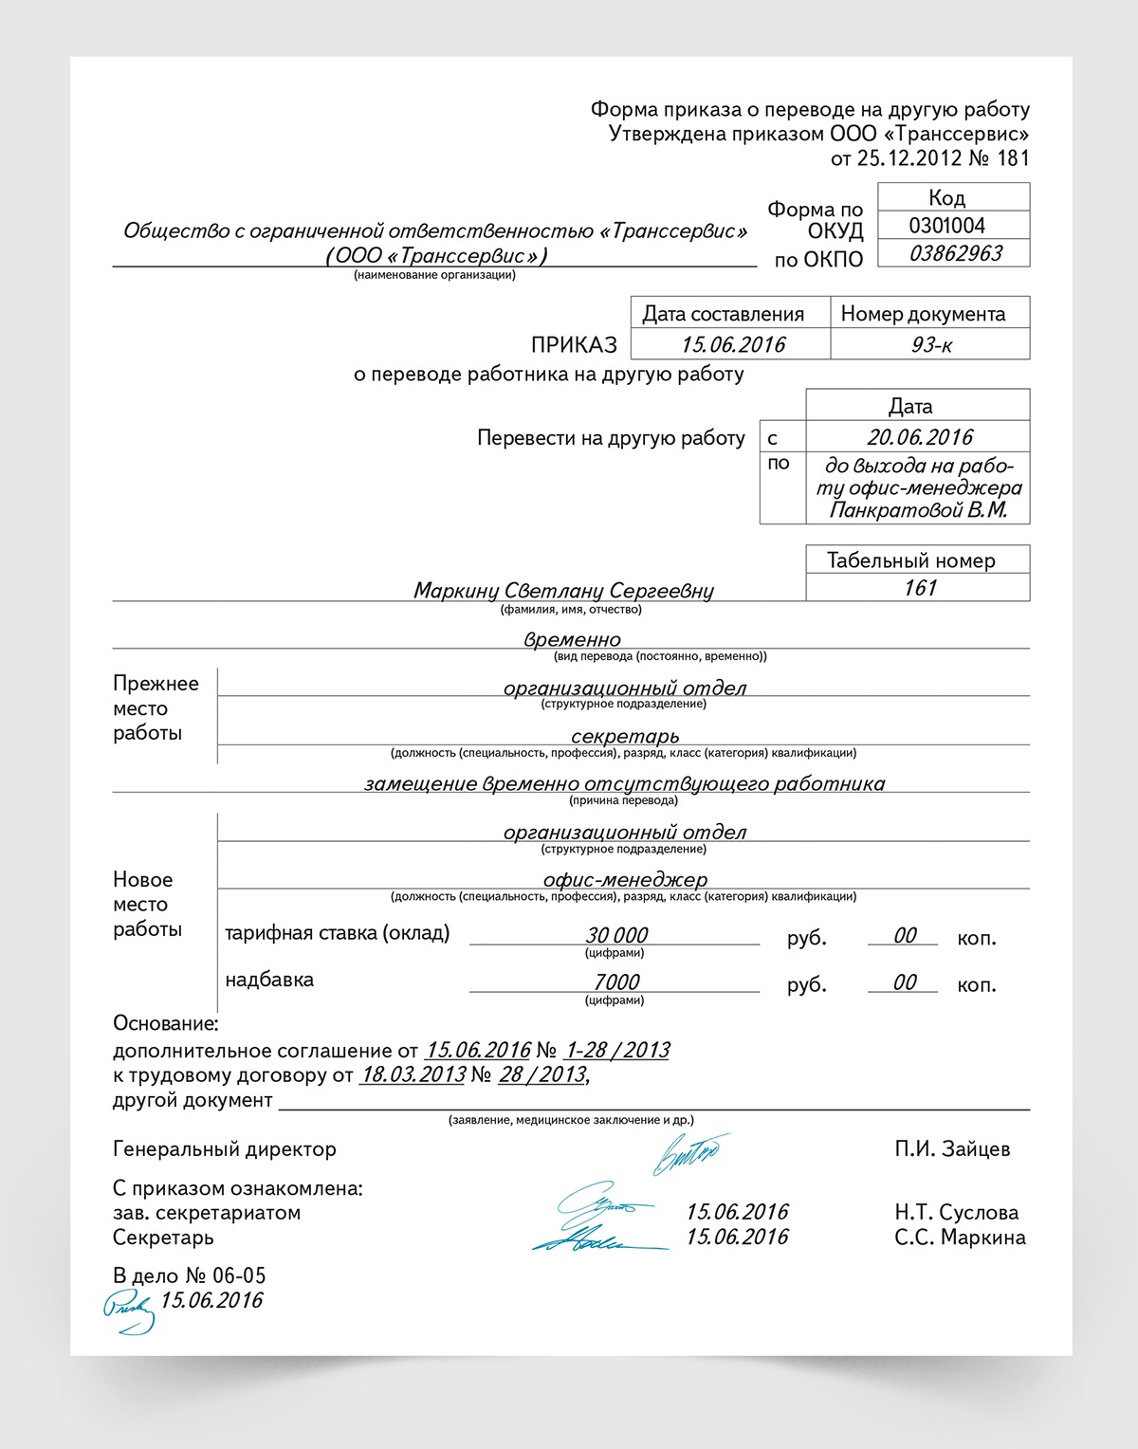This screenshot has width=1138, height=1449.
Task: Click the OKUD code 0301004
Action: [946, 226]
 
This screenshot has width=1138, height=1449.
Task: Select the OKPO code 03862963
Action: [955, 253]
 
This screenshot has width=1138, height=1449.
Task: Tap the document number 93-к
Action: [930, 345]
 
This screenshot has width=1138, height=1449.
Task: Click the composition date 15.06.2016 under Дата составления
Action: [733, 345]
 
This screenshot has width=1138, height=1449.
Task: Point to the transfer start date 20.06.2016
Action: [919, 437]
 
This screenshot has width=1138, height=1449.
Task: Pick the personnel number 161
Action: [919, 588]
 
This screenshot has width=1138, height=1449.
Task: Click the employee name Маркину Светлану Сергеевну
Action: [563, 591]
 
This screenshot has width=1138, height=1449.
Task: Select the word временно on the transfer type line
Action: [572, 640]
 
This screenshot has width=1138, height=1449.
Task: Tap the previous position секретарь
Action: [625, 737]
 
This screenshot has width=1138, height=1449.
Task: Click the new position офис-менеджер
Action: [625, 880]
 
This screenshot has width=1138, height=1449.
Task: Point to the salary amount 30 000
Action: [616, 936]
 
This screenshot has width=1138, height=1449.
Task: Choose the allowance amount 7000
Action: [616, 982]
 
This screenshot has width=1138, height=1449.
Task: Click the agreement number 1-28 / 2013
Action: [616, 1051]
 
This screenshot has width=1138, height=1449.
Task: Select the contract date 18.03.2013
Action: [413, 1075]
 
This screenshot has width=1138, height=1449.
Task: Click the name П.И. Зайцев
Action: [952, 1149]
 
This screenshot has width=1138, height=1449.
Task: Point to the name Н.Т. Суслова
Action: [956, 1213]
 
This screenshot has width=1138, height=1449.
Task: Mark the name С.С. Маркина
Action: [960, 1238]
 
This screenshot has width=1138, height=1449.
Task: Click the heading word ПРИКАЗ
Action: [574, 345]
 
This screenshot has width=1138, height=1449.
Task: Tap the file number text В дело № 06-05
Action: [189, 1276]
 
